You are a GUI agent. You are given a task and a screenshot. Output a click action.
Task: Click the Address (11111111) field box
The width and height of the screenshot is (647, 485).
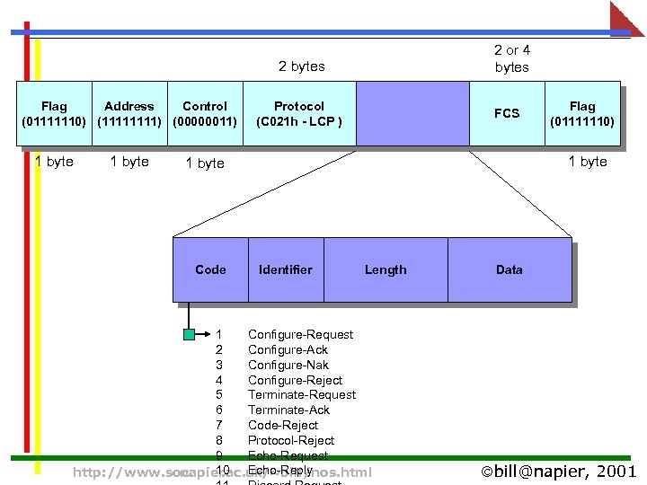tap(129, 113)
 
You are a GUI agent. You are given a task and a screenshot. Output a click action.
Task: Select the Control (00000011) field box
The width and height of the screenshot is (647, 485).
tap(205, 113)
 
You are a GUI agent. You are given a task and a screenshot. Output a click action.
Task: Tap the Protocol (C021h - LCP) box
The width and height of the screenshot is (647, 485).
tap(299, 113)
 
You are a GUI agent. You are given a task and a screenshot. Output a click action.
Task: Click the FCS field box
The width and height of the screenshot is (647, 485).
tap(507, 113)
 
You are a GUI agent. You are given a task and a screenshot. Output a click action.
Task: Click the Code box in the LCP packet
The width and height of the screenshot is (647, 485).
tap(210, 269)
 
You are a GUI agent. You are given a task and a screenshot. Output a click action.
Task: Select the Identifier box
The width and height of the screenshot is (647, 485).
tap(286, 269)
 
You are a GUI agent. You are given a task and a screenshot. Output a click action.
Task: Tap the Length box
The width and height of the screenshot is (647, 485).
tap(386, 269)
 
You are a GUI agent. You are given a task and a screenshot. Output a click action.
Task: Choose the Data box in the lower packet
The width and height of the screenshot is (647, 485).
tap(510, 269)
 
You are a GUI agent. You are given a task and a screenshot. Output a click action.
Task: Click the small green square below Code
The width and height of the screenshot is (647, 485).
tap(189, 335)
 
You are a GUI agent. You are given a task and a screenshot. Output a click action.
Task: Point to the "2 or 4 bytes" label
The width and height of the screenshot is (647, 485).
tap(512, 58)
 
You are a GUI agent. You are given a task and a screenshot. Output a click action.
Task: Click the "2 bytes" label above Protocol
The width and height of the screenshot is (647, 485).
tap(302, 66)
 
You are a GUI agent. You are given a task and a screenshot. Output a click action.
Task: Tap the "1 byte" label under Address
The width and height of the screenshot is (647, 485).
tap(129, 162)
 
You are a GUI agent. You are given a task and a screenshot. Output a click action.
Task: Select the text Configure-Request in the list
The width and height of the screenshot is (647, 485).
tap(300, 334)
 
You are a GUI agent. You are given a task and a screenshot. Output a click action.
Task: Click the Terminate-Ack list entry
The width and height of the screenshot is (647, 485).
tap(288, 410)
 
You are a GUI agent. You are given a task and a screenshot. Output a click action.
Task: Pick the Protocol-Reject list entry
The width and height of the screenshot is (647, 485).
tap(291, 440)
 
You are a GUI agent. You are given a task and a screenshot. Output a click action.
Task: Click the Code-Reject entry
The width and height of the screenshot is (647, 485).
tap(283, 425)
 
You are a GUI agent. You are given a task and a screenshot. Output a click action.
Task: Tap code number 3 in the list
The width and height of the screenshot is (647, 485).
tap(219, 365)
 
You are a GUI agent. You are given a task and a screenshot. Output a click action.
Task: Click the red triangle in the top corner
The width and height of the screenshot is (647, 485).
tap(628, 18)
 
